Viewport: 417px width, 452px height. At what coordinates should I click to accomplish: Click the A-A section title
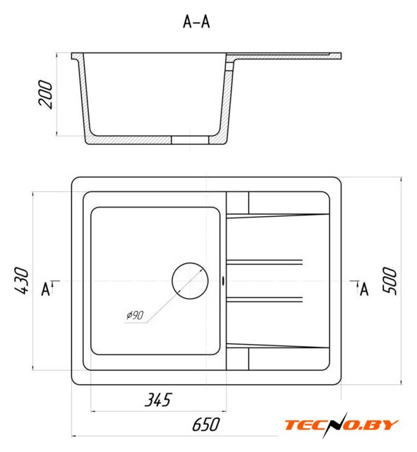point(196,22)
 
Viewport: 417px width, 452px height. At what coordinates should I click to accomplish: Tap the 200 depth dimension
point(46,95)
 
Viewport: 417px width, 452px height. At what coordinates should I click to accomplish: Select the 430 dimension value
point(22,281)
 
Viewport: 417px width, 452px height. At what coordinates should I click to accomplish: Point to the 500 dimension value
point(389,281)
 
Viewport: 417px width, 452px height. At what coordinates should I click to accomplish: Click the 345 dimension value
point(158,400)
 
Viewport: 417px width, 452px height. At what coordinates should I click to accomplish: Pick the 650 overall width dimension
point(206,424)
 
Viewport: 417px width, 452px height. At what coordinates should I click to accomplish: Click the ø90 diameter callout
point(135,315)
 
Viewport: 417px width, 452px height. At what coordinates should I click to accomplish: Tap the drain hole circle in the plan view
point(190,263)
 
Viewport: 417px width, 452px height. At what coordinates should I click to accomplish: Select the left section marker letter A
point(45,289)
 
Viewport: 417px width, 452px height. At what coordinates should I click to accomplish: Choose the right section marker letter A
point(364,289)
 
